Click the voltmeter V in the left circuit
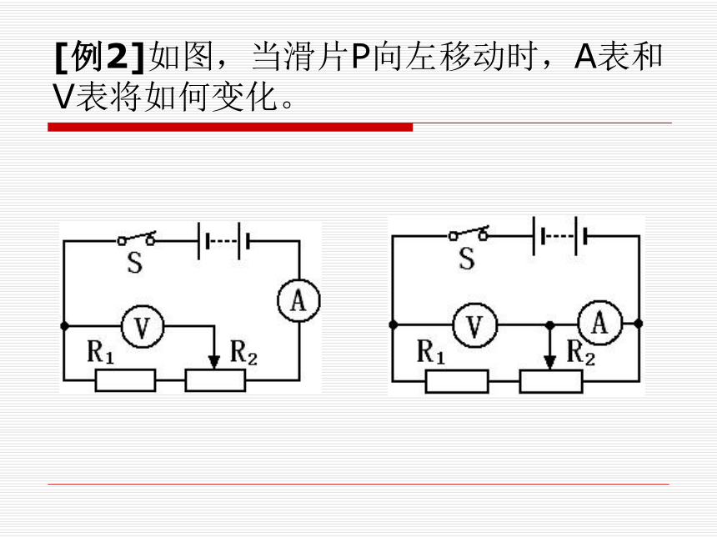(x=143, y=327)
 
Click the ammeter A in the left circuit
(x=299, y=300)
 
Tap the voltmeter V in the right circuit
(x=474, y=324)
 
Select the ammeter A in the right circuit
(x=600, y=323)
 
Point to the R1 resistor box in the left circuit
(x=125, y=380)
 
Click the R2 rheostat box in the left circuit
(x=215, y=380)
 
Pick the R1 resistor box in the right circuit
(x=457, y=381)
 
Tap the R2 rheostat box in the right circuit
(x=551, y=381)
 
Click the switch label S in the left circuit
(x=134, y=263)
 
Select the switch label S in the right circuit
(x=466, y=259)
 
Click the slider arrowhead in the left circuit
(x=213, y=362)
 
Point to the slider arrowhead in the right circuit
(x=550, y=363)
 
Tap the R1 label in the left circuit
(x=100, y=352)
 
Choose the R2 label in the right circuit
(x=581, y=353)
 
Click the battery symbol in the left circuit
(x=223, y=240)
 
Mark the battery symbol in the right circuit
(x=559, y=236)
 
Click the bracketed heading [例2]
(x=99, y=57)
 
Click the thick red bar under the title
(x=230, y=127)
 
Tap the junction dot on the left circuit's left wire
(x=64, y=326)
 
